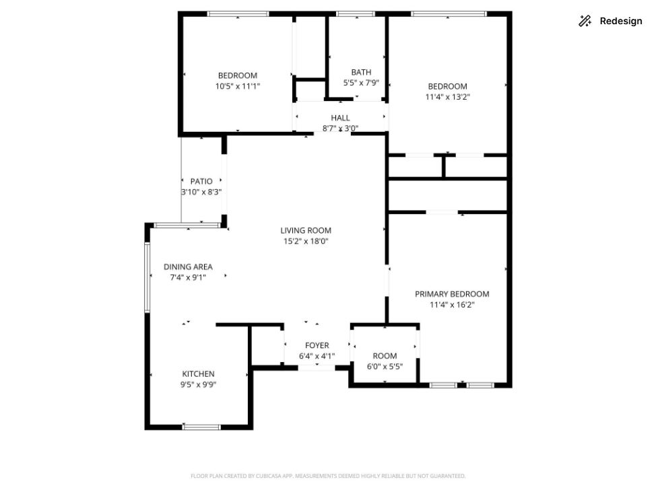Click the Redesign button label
coord(621,21)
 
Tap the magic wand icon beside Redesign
coord(585,21)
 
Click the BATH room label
coord(361,72)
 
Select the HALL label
coord(340,118)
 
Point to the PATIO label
coord(201,181)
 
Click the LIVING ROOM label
coord(306,230)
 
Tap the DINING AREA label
coord(188,267)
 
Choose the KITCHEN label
coord(198,374)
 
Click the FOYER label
coord(317,345)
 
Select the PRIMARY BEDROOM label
coord(452,294)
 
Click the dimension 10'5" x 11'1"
coord(238,86)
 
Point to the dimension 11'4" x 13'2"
coord(448,97)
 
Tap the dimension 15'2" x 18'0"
coord(306,241)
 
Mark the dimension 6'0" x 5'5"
coord(385,367)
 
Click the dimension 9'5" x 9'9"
coord(198,384)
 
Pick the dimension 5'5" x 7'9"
coord(361,83)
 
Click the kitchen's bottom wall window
coord(201,427)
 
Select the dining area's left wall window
coord(147,278)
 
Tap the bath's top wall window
coord(356,14)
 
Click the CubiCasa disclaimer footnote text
coord(328,476)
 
